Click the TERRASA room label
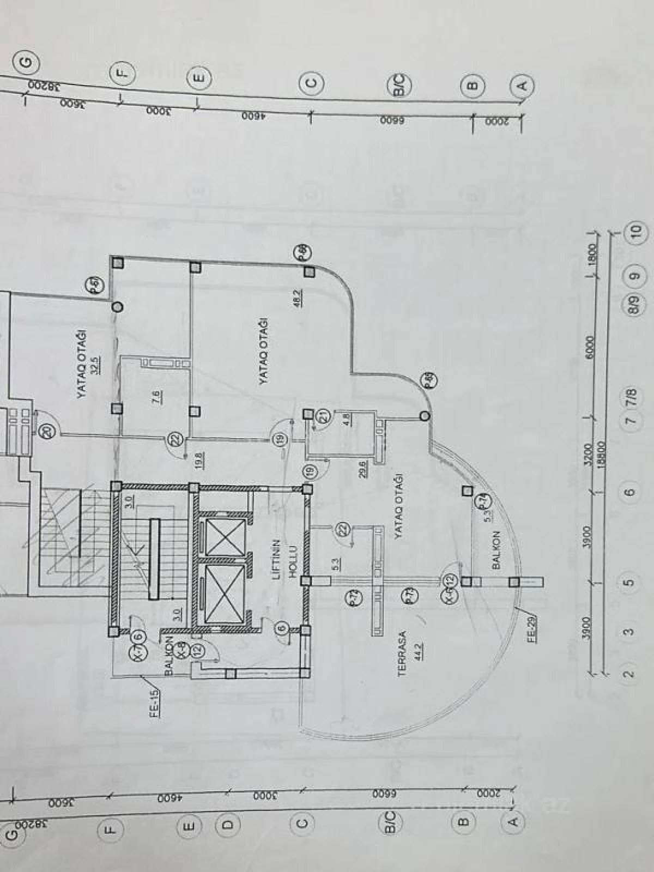(x=403, y=653)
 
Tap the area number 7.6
(x=157, y=396)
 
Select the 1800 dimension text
(x=592, y=253)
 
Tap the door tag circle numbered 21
(x=324, y=418)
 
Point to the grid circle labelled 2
(x=629, y=674)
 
